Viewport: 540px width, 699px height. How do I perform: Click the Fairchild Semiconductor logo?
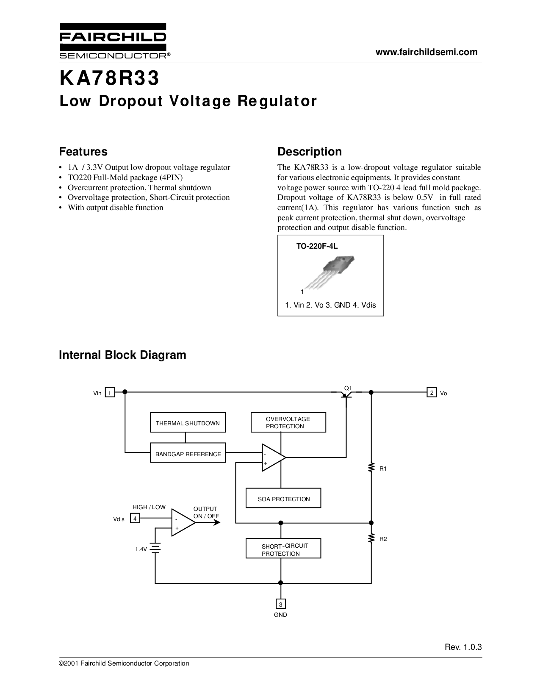pos(114,41)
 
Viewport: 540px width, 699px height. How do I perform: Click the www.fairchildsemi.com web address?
pos(426,52)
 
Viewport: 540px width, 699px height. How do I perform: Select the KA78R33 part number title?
pos(109,78)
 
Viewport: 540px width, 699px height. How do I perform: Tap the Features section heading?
pos(83,152)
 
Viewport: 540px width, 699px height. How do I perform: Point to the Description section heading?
pos(310,152)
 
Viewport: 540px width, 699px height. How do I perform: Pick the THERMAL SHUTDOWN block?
pos(188,422)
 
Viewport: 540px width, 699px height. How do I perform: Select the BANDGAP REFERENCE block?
pos(188,452)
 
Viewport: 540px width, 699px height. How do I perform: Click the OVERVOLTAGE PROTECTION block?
pos(288,422)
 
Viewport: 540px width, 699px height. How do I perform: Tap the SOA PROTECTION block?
pos(283,498)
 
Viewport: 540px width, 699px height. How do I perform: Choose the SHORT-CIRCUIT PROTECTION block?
pos(283,548)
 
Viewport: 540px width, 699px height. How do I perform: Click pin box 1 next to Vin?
pos(110,392)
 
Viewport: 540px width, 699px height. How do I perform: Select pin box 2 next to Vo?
pos(432,392)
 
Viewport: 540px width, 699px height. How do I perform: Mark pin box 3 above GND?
pos(281,604)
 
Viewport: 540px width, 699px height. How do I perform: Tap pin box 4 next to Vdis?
pos(135,518)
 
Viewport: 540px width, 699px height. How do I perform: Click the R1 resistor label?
pos(383,469)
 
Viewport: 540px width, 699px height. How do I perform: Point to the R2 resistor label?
pos(383,539)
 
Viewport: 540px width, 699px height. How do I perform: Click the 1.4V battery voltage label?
pos(141,549)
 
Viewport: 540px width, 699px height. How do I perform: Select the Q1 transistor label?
pos(348,388)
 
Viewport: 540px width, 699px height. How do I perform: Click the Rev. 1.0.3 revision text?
pos(463,647)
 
